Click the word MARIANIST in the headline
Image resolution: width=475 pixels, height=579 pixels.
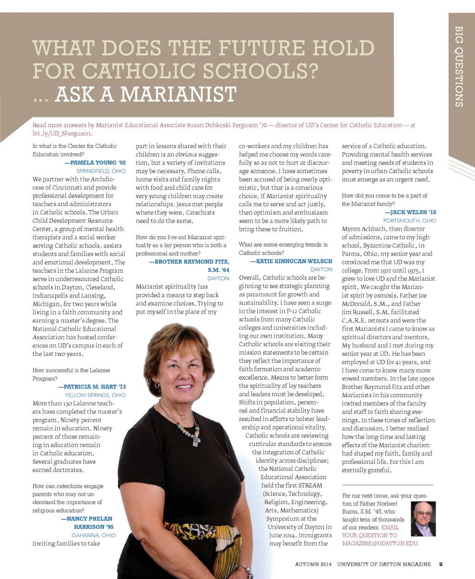pos(179,95)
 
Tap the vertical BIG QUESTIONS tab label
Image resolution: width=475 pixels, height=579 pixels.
pos(459,66)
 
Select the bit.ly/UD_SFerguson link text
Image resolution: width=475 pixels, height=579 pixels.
pos(62,134)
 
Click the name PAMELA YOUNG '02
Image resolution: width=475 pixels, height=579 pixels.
pos(95,163)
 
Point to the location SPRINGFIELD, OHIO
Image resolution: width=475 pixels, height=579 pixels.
pos(101,171)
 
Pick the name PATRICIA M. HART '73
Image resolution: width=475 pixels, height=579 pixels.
pos(92,387)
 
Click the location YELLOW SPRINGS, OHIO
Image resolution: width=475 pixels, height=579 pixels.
pos(95,395)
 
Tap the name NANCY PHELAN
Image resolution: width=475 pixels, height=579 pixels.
pos(87,519)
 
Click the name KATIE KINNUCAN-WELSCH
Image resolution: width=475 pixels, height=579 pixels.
pos(291,261)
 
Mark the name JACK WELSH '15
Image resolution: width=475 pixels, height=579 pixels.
pos(410,212)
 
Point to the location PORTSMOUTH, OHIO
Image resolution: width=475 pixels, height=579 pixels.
pos(410,221)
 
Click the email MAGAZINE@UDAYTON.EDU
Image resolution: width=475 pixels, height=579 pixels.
pos(380,543)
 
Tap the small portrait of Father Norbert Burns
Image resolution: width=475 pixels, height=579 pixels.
pos(423,519)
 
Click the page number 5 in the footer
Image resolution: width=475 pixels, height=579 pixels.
pos(441,565)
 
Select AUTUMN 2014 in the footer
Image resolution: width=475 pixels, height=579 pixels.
pos(313,565)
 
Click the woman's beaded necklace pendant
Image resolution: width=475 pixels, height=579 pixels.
pos(196,440)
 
